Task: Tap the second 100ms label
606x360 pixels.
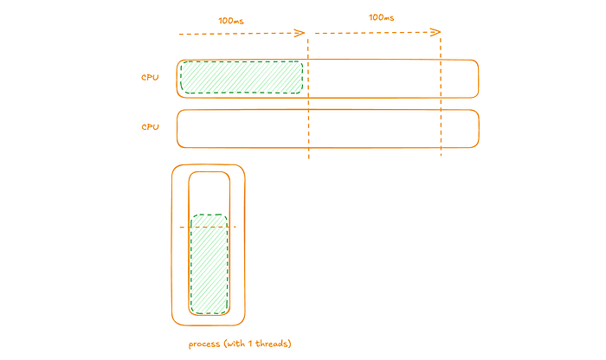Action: [x=383, y=17]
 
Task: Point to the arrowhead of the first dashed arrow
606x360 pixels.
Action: [x=300, y=34]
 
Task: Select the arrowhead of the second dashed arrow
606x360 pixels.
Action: [x=437, y=33]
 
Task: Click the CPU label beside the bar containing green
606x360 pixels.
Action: [x=151, y=77]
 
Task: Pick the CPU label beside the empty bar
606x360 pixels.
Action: [x=151, y=127]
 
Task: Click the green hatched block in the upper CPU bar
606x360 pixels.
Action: [x=242, y=77]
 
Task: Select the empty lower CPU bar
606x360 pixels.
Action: [x=327, y=128]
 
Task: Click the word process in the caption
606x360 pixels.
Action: [x=204, y=344]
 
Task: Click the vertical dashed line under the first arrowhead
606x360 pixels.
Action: [x=308, y=130]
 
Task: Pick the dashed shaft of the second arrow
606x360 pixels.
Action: [x=372, y=34]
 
